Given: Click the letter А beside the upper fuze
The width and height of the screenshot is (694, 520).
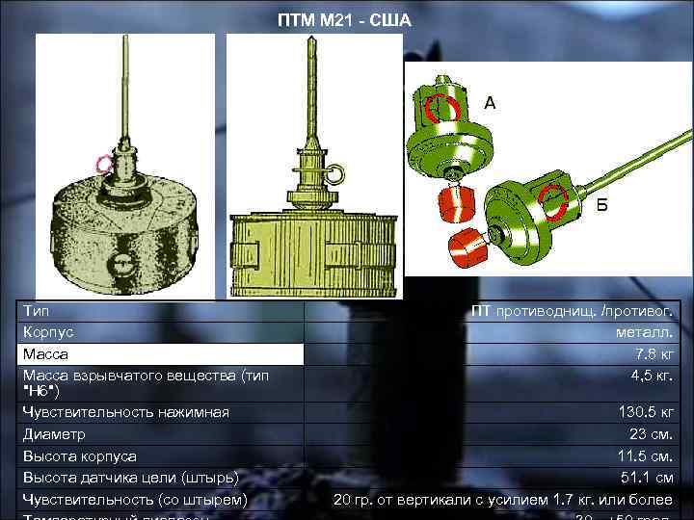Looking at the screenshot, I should tap(490, 103).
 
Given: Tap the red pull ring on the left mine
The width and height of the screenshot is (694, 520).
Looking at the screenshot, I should tap(103, 164).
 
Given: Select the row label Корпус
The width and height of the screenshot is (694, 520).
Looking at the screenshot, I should tap(47, 331).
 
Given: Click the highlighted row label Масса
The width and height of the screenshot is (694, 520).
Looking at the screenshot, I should tap(45, 354).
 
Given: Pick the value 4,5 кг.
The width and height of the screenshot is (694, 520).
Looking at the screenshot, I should tap(653, 374).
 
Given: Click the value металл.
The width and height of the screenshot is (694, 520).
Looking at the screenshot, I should tap(648, 331).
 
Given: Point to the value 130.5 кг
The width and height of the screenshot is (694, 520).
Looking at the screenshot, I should tap(646, 412).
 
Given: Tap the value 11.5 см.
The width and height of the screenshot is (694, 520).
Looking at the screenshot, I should tap(647, 455).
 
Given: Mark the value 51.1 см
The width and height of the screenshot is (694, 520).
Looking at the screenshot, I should tap(649, 477).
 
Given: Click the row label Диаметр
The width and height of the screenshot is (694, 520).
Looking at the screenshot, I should tap(54, 434).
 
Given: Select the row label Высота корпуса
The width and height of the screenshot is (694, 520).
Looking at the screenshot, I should tap(80, 455).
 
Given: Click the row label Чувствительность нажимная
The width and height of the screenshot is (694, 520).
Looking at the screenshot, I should tap(126, 412).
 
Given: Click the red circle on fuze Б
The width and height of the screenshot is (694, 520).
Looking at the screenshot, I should tap(552, 201).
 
